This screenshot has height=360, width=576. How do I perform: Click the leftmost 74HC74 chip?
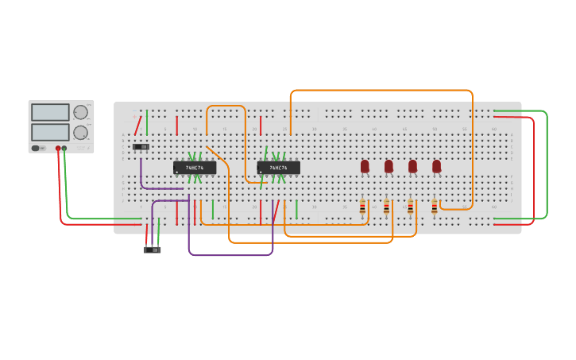point(195,168)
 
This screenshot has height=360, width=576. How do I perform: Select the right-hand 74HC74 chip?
point(278,168)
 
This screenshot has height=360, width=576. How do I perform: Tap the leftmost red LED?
point(365,166)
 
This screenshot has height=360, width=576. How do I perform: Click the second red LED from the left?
point(389,166)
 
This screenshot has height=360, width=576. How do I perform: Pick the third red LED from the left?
point(412,166)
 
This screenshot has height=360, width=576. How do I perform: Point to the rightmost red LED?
point(436,166)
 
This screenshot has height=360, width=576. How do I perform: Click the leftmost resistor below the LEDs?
point(363,208)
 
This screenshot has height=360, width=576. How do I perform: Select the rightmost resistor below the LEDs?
point(435,208)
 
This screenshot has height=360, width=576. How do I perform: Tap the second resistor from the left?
point(387,208)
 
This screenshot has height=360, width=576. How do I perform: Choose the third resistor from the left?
point(411,208)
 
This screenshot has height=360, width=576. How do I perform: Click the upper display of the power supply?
point(50,112)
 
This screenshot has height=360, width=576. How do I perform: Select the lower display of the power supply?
point(50,131)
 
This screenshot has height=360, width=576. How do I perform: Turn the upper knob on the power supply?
point(80,113)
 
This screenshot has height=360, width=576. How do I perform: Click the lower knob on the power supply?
point(80,133)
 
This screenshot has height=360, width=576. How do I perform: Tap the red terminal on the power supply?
point(58,149)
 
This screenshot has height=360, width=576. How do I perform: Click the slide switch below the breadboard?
point(152,250)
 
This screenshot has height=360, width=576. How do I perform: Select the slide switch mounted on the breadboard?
point(141,147)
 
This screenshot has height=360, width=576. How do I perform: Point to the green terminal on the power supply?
point(64,149)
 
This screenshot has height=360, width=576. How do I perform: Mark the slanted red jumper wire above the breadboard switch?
point(137,126)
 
